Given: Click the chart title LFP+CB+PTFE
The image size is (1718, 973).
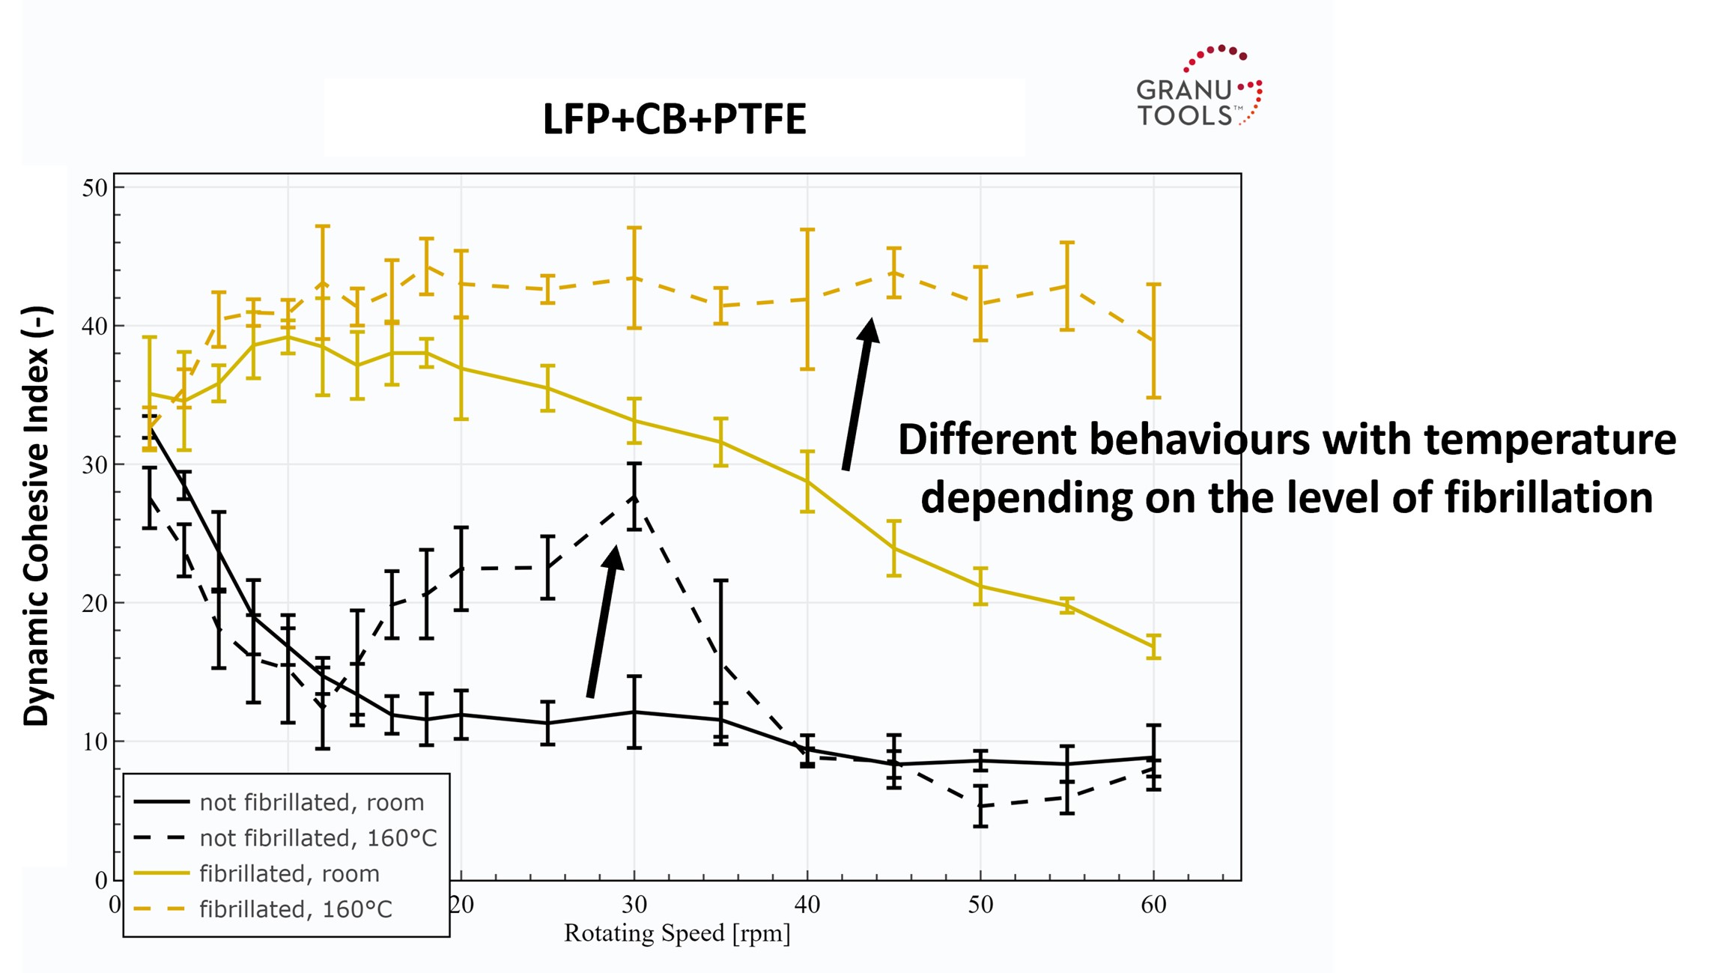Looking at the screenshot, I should click(x=674, y=119).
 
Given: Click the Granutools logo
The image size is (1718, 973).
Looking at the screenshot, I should click(x=1198, y=88).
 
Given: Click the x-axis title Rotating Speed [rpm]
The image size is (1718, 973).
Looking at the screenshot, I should click(x=676, y=933).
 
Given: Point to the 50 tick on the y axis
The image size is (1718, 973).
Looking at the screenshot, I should click(x=95, y=188).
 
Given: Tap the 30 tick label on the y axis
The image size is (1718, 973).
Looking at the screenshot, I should click(x=95, y=465).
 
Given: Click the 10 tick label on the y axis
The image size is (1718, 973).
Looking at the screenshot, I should click(x=95, y=742).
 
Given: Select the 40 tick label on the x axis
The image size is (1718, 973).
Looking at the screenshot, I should click(x=807, y=905).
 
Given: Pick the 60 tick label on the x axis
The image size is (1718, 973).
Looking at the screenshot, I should click(x=1153, y=905).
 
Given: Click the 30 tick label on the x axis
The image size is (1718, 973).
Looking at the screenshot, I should click(x=634, y=905).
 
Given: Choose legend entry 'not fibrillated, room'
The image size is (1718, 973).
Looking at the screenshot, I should click(x=311, y=802).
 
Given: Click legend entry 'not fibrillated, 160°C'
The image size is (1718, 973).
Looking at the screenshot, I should click(x=318, y=837).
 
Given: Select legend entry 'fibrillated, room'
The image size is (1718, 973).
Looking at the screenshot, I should click(x=288, y=873).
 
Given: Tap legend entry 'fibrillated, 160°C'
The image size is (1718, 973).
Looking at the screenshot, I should click(x=295, y=909).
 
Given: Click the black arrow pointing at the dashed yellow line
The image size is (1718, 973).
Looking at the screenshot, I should click(x=858, y=393).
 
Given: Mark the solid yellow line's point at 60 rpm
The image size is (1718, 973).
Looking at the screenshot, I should click(x=1154, y=646).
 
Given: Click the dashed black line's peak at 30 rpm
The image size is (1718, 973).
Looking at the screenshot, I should click(x=634, y=497).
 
